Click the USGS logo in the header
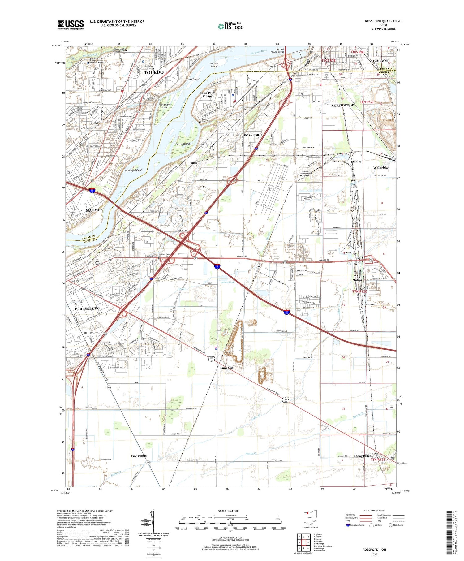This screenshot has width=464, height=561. coord(71,25)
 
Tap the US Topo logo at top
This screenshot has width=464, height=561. coord(231,27)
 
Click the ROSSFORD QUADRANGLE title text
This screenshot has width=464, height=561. coord(384,21)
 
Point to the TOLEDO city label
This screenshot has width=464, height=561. coord(154,72)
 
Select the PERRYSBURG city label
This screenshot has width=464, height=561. coord(87,309)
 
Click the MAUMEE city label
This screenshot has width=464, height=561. coord(94,210)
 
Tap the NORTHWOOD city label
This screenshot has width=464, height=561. coord(343,105)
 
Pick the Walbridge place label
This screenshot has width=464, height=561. coord(381,167)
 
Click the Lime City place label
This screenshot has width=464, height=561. coord(227,368)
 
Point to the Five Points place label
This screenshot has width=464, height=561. coord(139,456)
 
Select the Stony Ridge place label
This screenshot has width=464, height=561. coord(363,456)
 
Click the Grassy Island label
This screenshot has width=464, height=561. coord(183,144)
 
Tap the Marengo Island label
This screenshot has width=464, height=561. coord(134,170)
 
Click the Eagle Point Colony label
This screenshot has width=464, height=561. coord(208,94)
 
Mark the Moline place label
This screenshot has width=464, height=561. coord(359,280)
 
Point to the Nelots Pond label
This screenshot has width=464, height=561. coord(227,282)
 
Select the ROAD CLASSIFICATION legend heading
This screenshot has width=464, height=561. coord(374,511)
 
